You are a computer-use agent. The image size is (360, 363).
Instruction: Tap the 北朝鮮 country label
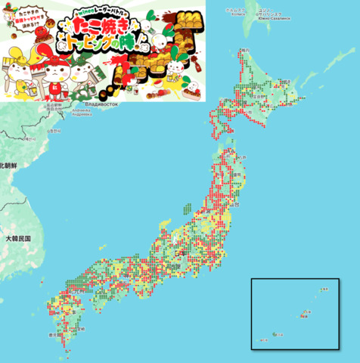tap(11, 164)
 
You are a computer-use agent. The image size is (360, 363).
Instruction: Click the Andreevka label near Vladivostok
tap(82, 113)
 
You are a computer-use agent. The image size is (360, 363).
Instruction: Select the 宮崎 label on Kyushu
tap(81, 328)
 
